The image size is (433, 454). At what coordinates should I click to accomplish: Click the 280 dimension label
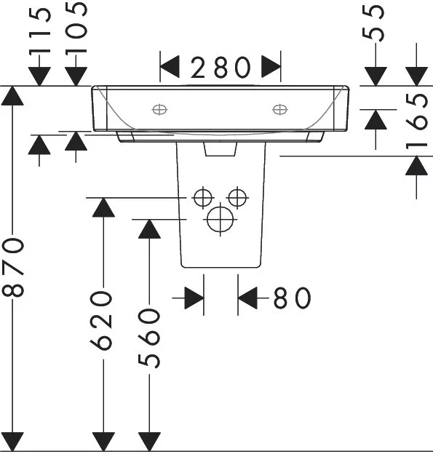pyautogui.click(x=221, y=67)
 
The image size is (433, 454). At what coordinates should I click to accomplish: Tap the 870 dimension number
pyautogui.click(x=13, y=267)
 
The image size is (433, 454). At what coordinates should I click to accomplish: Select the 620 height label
pyautogui.click(x=101, y=321)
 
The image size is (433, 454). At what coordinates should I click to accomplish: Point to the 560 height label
pyautogui.click(x=149, y=338)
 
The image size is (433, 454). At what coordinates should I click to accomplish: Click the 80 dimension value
pyautogui.click(x=293, y=298)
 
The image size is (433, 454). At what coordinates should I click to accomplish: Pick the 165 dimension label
pyautogui.click(x=416, y=122)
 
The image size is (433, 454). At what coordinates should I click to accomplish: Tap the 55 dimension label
pyautogui.click(x=373, y=23)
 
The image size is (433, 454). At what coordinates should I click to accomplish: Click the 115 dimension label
pyautogui.click(x=40, y=31)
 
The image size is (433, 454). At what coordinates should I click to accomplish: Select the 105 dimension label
pyautogui.click(x=76, y=28)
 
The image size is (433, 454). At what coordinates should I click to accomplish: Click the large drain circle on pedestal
pyautogui.click(x=220, y=219)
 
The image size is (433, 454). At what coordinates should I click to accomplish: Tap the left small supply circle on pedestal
pyautogui.click(x=203, y=198)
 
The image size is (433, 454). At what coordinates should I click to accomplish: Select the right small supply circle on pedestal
pyautogui.click(x=237, y=198)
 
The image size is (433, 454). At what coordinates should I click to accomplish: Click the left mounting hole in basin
pyautogui.click(x=159, y=109)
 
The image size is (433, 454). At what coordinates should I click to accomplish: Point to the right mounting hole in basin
pyautogui.click(x=280, y=109)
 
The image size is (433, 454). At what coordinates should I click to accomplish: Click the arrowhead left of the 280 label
pyautogui.click(x=170, y=67)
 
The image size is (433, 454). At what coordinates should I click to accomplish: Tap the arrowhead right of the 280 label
pyautogui.click(x=271, y=67)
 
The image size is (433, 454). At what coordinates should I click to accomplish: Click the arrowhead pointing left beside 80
pyautogui.click(x=247, y=298)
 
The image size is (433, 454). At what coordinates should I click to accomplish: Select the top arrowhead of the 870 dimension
pyautogui.click(x=12, y=96)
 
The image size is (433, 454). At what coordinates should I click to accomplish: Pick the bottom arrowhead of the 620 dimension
pyautogui.click(x=103, y=442)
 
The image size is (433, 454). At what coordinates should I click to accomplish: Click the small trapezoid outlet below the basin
pyautogui.click(x=221, y=149)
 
